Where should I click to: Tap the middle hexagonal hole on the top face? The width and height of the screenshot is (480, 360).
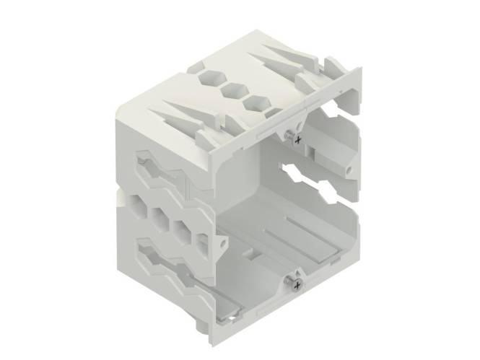232,89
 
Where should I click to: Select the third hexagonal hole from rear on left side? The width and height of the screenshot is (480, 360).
180,227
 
